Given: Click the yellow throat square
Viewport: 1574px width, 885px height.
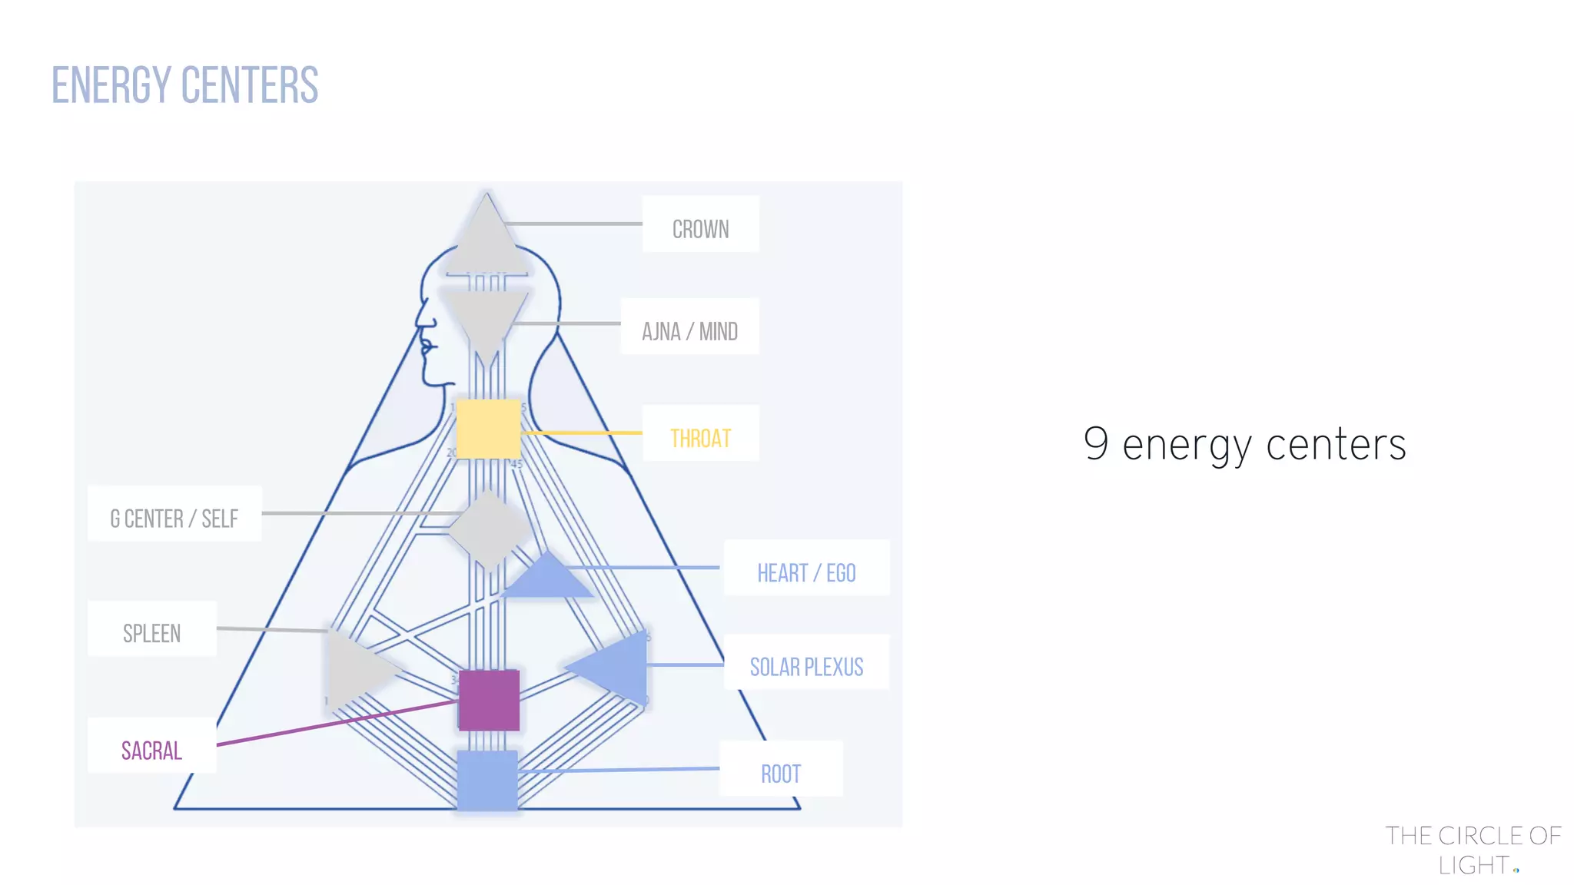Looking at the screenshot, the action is (x=488, y=429).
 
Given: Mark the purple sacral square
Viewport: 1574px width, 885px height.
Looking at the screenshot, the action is (x=489, y=700).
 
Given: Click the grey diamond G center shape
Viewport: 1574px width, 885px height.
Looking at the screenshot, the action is (x=489, y=529).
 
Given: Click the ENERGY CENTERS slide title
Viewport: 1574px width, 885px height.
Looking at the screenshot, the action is (x=184, y=85).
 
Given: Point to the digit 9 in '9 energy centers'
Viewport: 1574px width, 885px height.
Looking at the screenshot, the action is (x=1096, y=442).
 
